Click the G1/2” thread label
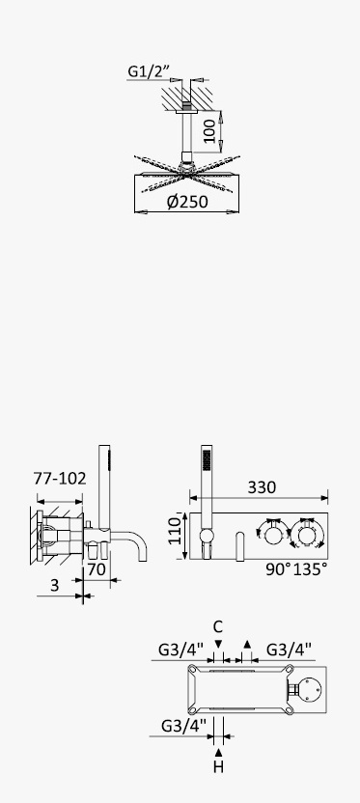point(148,70)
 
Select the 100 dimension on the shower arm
point(208,132)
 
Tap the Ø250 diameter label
point(187,202)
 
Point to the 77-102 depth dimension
point(60,479)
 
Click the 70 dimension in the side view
point(97,569)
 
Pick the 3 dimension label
point(55,585)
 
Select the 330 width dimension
point(262,487)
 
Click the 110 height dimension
point(176,531)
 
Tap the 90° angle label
point(278,569)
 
